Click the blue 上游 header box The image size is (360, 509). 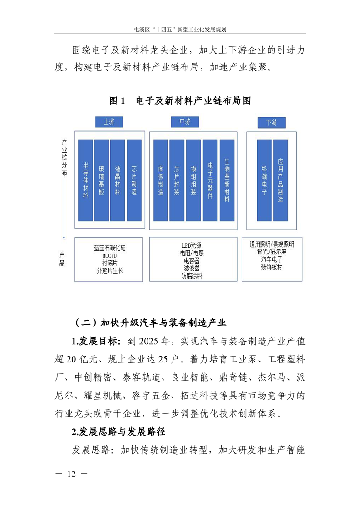click(109, 122)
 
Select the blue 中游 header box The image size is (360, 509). click(185, 122)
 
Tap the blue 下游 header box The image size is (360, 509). click(271, 122)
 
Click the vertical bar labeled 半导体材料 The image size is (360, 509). click(85, 181)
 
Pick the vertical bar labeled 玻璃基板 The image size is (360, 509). click(101, 181)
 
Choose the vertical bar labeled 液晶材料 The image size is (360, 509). click(118, 181)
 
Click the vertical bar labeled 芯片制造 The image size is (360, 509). click(134, 181)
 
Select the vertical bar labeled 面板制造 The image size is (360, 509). click(161, 181)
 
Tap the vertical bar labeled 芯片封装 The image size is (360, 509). click(177, 181)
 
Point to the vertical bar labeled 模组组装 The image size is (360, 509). click(193, 181)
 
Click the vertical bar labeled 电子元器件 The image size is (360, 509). click(210, 181)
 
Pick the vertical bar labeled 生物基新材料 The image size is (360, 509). click(227, 181)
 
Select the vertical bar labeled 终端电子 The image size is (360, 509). click(265, 181)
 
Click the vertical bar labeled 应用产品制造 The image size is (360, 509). click(281, 181)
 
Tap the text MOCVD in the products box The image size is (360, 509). click(109, 256)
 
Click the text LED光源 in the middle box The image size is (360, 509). click(192, 245)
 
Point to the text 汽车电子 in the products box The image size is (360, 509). click(272, 259)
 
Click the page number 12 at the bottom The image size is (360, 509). click(71, 474)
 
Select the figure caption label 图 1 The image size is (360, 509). click(117, 101)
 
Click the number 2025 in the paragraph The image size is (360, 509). click(148, 341)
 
